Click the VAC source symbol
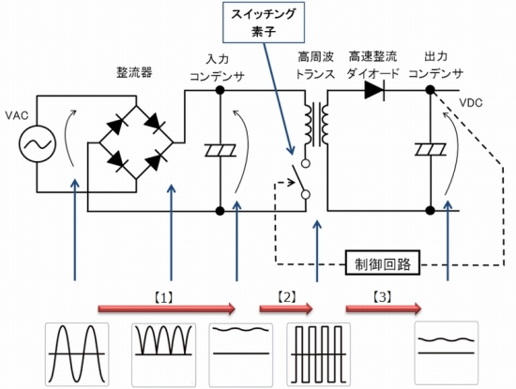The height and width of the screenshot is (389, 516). click(38, 143)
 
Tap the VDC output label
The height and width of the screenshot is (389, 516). click(471, 103)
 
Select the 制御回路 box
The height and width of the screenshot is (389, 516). click(383, 263)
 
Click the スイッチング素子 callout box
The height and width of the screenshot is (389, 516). click(264, 22)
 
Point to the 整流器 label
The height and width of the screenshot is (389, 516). click(134, 72)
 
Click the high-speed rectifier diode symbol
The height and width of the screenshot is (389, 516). click(375, 90)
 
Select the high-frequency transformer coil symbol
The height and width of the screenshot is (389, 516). click(317, 124)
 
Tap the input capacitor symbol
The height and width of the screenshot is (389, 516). click(220, 150)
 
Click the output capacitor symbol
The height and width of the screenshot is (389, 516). click(431, 150)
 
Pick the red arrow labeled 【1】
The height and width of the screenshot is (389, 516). click(167, 308)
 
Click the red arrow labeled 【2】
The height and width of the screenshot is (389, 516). click(286, 308)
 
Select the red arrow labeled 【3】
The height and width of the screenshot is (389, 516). click(384, 308)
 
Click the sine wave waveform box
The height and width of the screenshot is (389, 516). click(77, 354)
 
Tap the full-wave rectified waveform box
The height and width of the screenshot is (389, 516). click(164, 355)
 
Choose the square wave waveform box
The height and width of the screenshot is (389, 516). click(319, 353)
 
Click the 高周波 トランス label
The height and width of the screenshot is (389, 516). click(316, 66)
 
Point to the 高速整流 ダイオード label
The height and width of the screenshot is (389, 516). click(373, 65)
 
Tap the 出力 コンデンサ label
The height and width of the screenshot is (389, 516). click(436, 65)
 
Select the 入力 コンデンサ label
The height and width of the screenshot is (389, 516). click(218, 67)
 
